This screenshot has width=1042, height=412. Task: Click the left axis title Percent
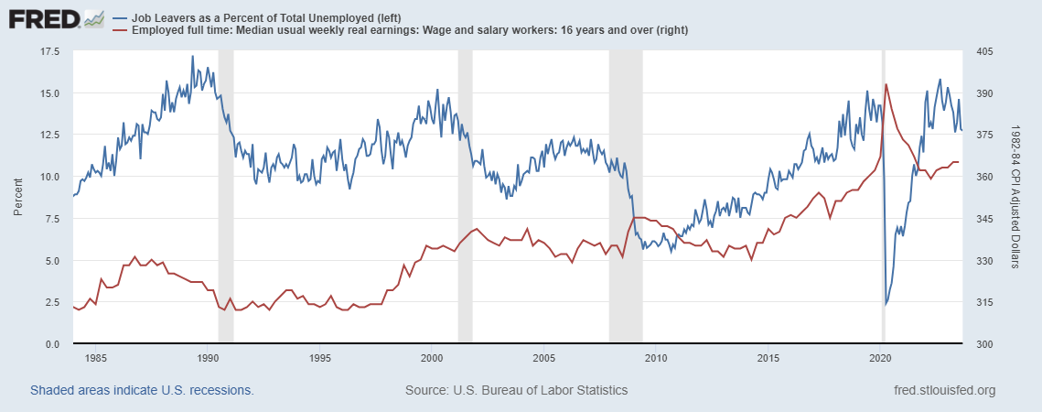pos(18,197)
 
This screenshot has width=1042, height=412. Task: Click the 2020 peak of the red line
pos(886,84)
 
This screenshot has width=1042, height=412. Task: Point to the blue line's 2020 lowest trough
pos(885,304)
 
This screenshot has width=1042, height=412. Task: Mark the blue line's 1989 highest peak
pos(192,56)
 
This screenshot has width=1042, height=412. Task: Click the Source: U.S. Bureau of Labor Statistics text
pos(516,391)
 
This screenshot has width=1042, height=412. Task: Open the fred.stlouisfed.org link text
pos(943,391)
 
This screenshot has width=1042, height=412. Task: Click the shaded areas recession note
pos(142,391)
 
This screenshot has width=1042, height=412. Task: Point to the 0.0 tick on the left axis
pos(52,344)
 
